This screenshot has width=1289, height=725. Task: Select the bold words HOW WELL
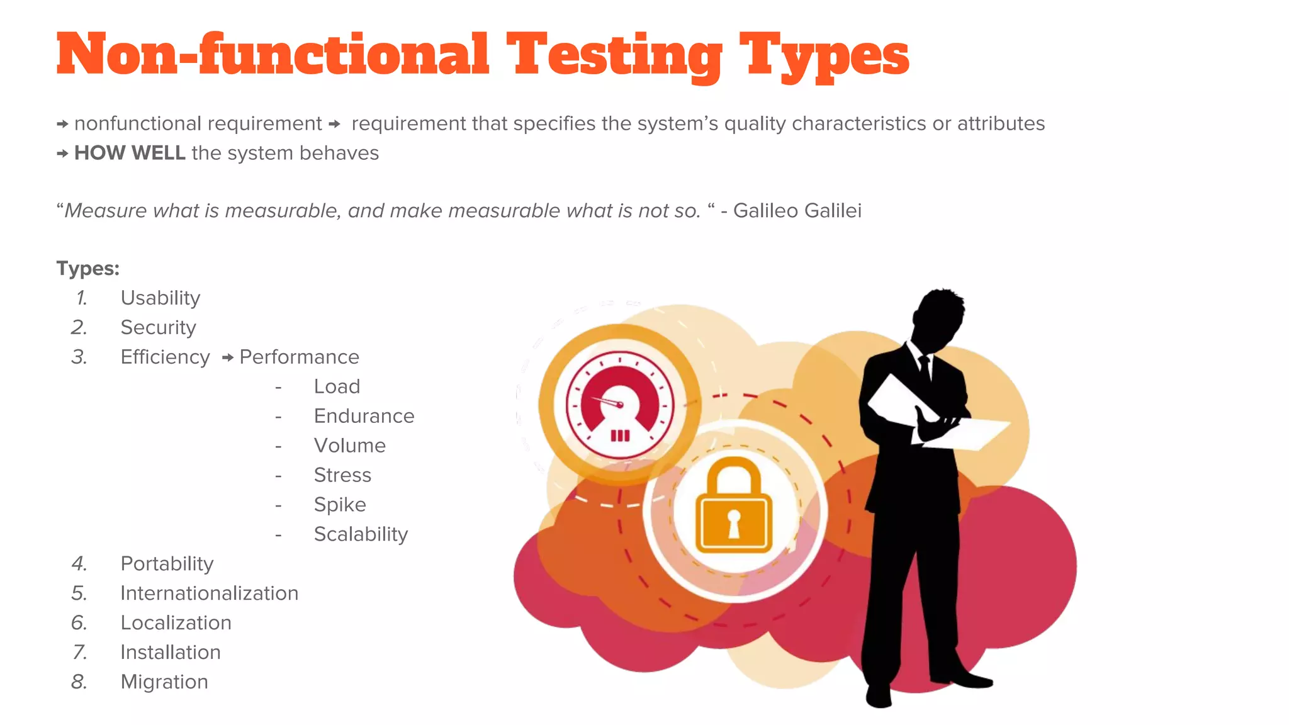[x=130, y=153]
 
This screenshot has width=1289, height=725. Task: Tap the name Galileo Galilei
[x=797, y=210]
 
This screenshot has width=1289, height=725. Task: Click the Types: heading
[x=88, y=268]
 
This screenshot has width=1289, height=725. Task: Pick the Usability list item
[x=160, y=298]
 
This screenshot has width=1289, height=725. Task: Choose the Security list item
[x=158, y=327]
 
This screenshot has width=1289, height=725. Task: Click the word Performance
[x=299, y=357]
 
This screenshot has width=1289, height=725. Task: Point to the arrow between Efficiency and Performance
[x=228, y=357]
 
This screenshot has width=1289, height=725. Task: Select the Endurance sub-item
[x=364, y=416]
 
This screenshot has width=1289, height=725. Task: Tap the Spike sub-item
[x=340, y=505]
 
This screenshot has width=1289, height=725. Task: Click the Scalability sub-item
[x=361, y=534]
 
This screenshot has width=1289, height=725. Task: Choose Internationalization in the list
[x=209, y=593]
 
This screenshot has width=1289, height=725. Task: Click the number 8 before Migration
[x=79, y=682]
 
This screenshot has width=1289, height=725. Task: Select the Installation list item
[x=171, y=652]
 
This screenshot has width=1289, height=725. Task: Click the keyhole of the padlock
[x=734, y=523]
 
